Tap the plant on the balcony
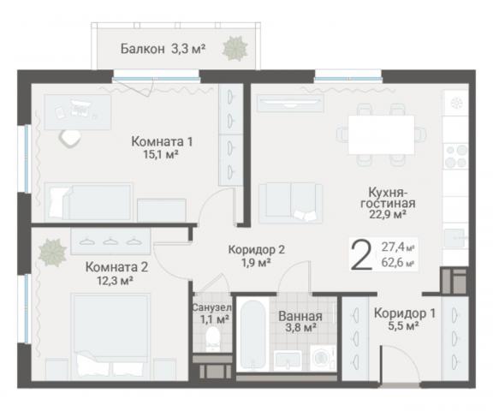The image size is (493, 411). pos(234,49)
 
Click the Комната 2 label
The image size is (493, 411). pos(122,265)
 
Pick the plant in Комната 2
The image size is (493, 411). pos(52,251)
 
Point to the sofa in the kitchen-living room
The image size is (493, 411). pos(290,202)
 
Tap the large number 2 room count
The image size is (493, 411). pos(362,254)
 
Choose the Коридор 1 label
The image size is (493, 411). pos(404,313)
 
